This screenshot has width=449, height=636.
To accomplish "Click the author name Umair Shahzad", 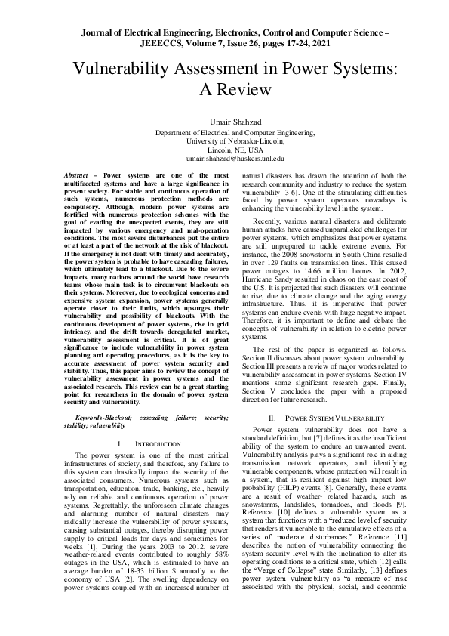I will point(224,121).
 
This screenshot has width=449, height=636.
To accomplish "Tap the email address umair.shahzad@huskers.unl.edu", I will point(224,159).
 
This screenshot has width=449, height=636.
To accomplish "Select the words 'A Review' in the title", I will point(224,89).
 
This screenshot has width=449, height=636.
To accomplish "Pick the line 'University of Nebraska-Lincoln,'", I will point(224,140).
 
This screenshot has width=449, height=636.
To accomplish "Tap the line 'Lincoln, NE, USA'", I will point(224,150).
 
